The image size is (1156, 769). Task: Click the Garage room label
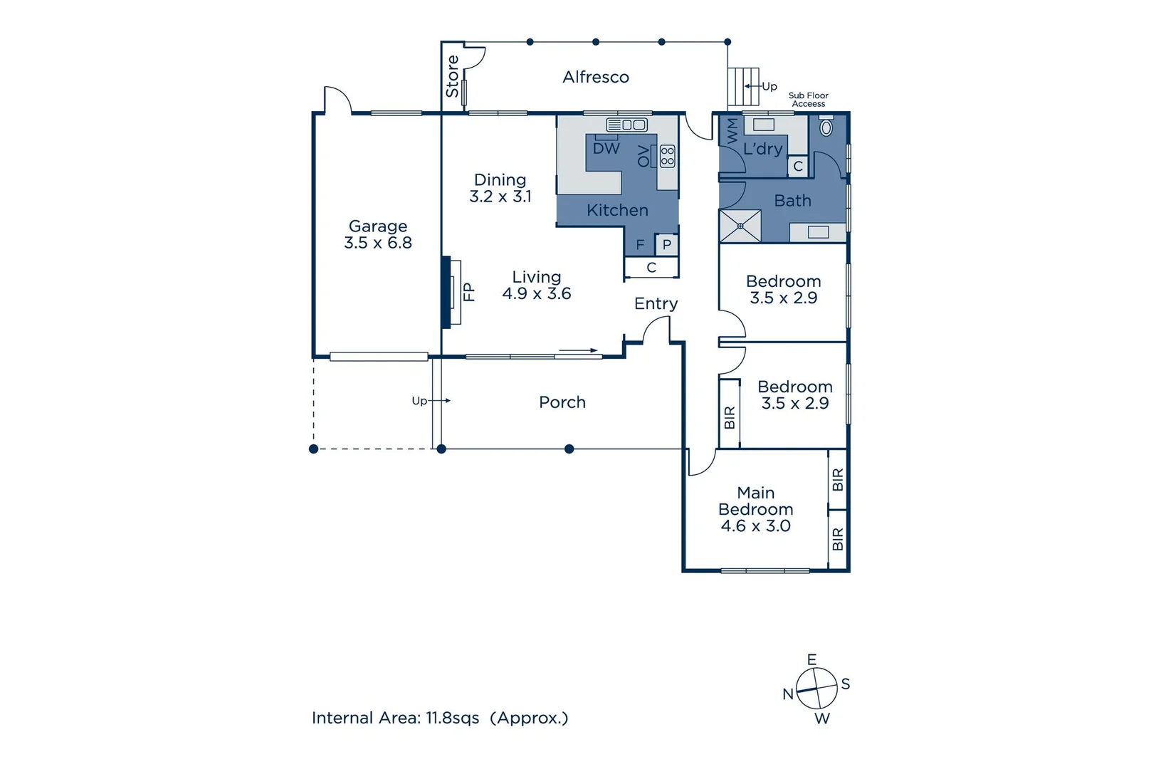pyautogui.click(x=378, y=226)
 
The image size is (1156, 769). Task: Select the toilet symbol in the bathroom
pyautogui.click(x=826, y=128)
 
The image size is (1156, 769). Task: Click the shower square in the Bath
pyautogui.click(x=740, y=226)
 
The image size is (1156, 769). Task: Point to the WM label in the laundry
pyautogui.click(x=732, y=132)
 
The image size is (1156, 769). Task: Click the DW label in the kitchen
pyautogui.click(x=606, y=149)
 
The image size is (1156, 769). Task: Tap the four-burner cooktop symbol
pyautogui.click(x=667, y=156)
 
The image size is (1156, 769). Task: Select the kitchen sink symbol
pyautogui.click(x=626, y=125)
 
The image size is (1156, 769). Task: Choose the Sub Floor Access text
pyautogui.click(x=809, y=100)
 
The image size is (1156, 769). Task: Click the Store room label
pyautogui.click(x=453, y=77)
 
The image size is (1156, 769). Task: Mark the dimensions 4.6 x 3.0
pyautogui.click(x=755, y=526)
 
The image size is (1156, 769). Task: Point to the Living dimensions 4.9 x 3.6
pyautogui.click(x=537, y=293)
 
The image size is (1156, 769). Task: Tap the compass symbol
pyautogui.click(x=816, y=689)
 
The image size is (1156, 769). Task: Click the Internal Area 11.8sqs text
pyautogui.click(x=439, y=718)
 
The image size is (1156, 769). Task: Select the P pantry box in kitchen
pyautogui.click(x=667, y=245)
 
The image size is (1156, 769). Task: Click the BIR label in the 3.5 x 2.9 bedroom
pyautogui.click(x=730, y=418)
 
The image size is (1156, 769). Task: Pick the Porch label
pyautogui.click(x=562, y=402)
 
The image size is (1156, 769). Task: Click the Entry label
pyautogui.click(x=656, y=304)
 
